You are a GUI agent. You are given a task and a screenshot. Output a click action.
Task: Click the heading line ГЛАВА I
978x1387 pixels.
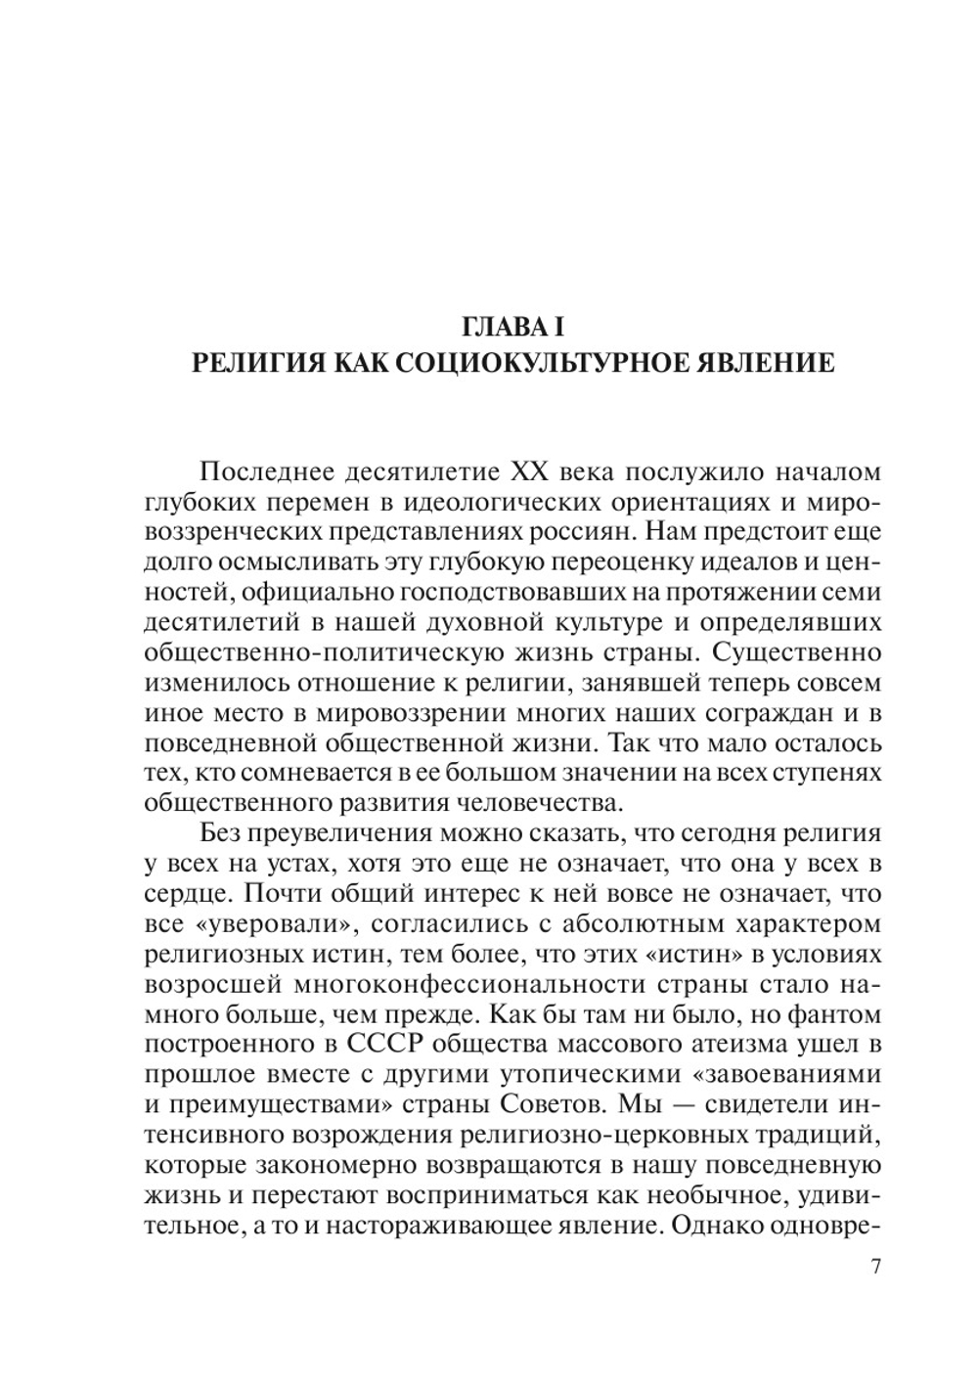[512, 323]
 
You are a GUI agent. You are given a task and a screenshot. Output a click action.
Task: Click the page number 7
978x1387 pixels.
[876, 1267]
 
